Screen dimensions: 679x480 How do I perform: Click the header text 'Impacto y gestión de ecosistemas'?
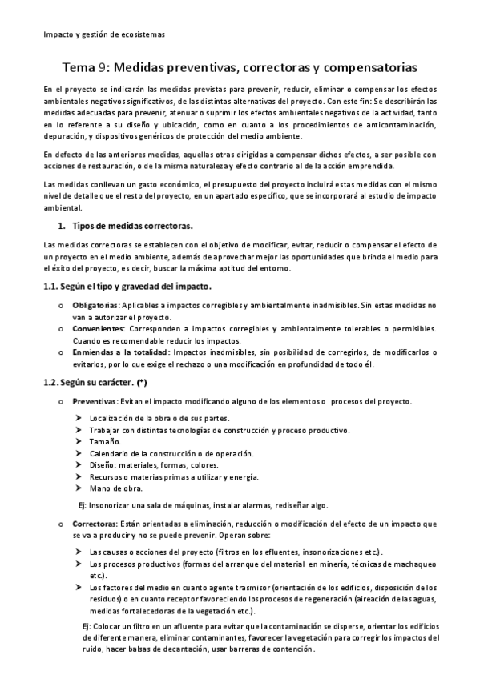tap(104, 35)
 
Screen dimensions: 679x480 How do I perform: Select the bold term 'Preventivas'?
tap(95, 400)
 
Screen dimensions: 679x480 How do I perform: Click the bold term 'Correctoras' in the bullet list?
tap(95, 524)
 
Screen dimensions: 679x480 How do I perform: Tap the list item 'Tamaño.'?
tap(105, 441)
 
